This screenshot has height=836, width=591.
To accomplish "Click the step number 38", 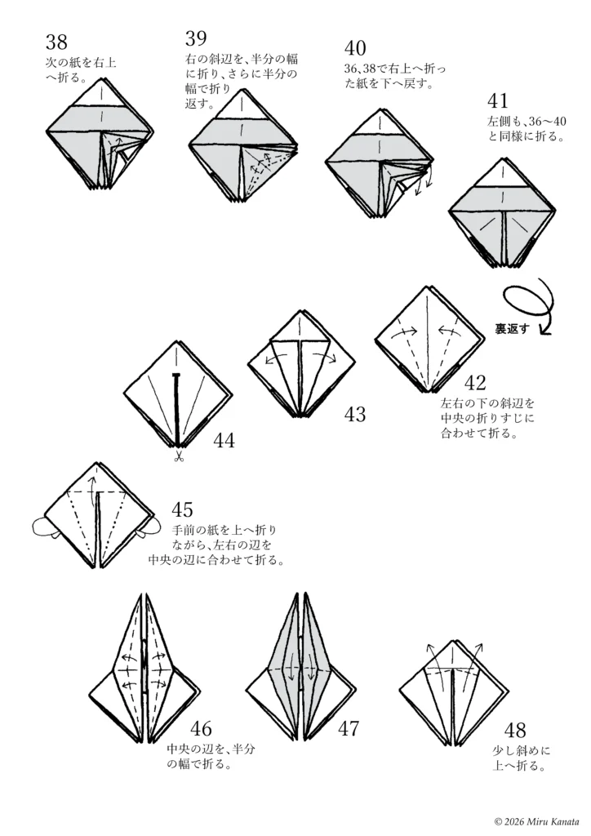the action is click(56, 42).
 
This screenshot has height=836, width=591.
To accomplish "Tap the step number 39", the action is click(196, 38).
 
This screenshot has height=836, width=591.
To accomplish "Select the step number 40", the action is click(355, 48).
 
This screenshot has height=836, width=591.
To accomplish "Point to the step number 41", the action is click(498, 100).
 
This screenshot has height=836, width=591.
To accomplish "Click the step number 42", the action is click(475, 382).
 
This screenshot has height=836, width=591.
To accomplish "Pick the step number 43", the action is click(355, 414).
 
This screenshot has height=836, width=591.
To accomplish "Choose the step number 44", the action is click(224, 440).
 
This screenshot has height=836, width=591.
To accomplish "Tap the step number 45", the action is click(182, 509).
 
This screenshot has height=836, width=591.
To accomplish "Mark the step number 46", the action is click(201, 728).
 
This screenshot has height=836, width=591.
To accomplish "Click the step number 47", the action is click(349, 728).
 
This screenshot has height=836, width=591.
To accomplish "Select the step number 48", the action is click(515, 730).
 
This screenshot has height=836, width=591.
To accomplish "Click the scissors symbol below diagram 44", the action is click(178, 456).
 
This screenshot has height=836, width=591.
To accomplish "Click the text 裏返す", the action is click(512, 329).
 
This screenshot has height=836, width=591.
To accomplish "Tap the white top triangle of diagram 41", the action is click(502, 174).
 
